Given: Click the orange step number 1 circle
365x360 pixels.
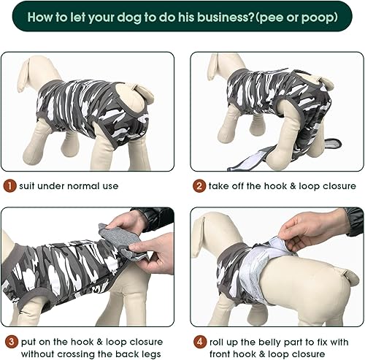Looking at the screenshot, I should coord(8,185).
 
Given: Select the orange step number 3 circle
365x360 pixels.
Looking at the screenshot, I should coord(8,342).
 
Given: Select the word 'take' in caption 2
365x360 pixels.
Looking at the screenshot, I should coord(220,185).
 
